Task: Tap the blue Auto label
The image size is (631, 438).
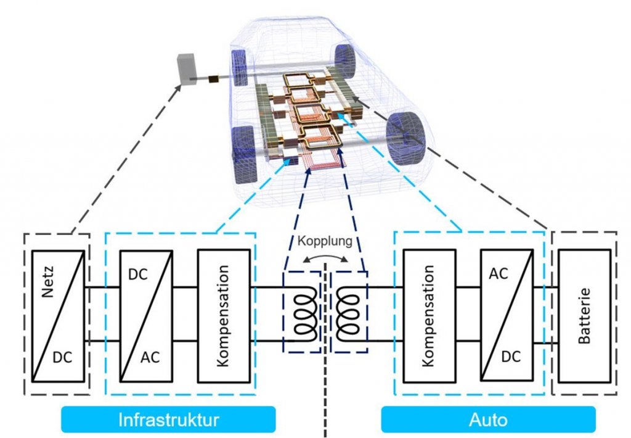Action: point(488,420)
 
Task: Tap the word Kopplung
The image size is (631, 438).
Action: point(325,241)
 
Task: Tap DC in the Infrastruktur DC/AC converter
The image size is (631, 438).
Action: point(137,274)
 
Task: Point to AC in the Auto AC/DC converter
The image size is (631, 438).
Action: point(499,274)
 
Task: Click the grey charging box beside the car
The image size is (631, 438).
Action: point(185,68)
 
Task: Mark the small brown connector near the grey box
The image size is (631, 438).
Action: point(214,79)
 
